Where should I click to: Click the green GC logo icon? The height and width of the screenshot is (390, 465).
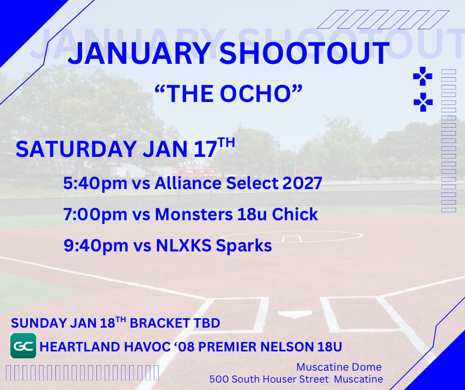click(x=23, y=346)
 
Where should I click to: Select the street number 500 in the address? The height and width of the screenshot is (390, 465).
click(x=218, y=380)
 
